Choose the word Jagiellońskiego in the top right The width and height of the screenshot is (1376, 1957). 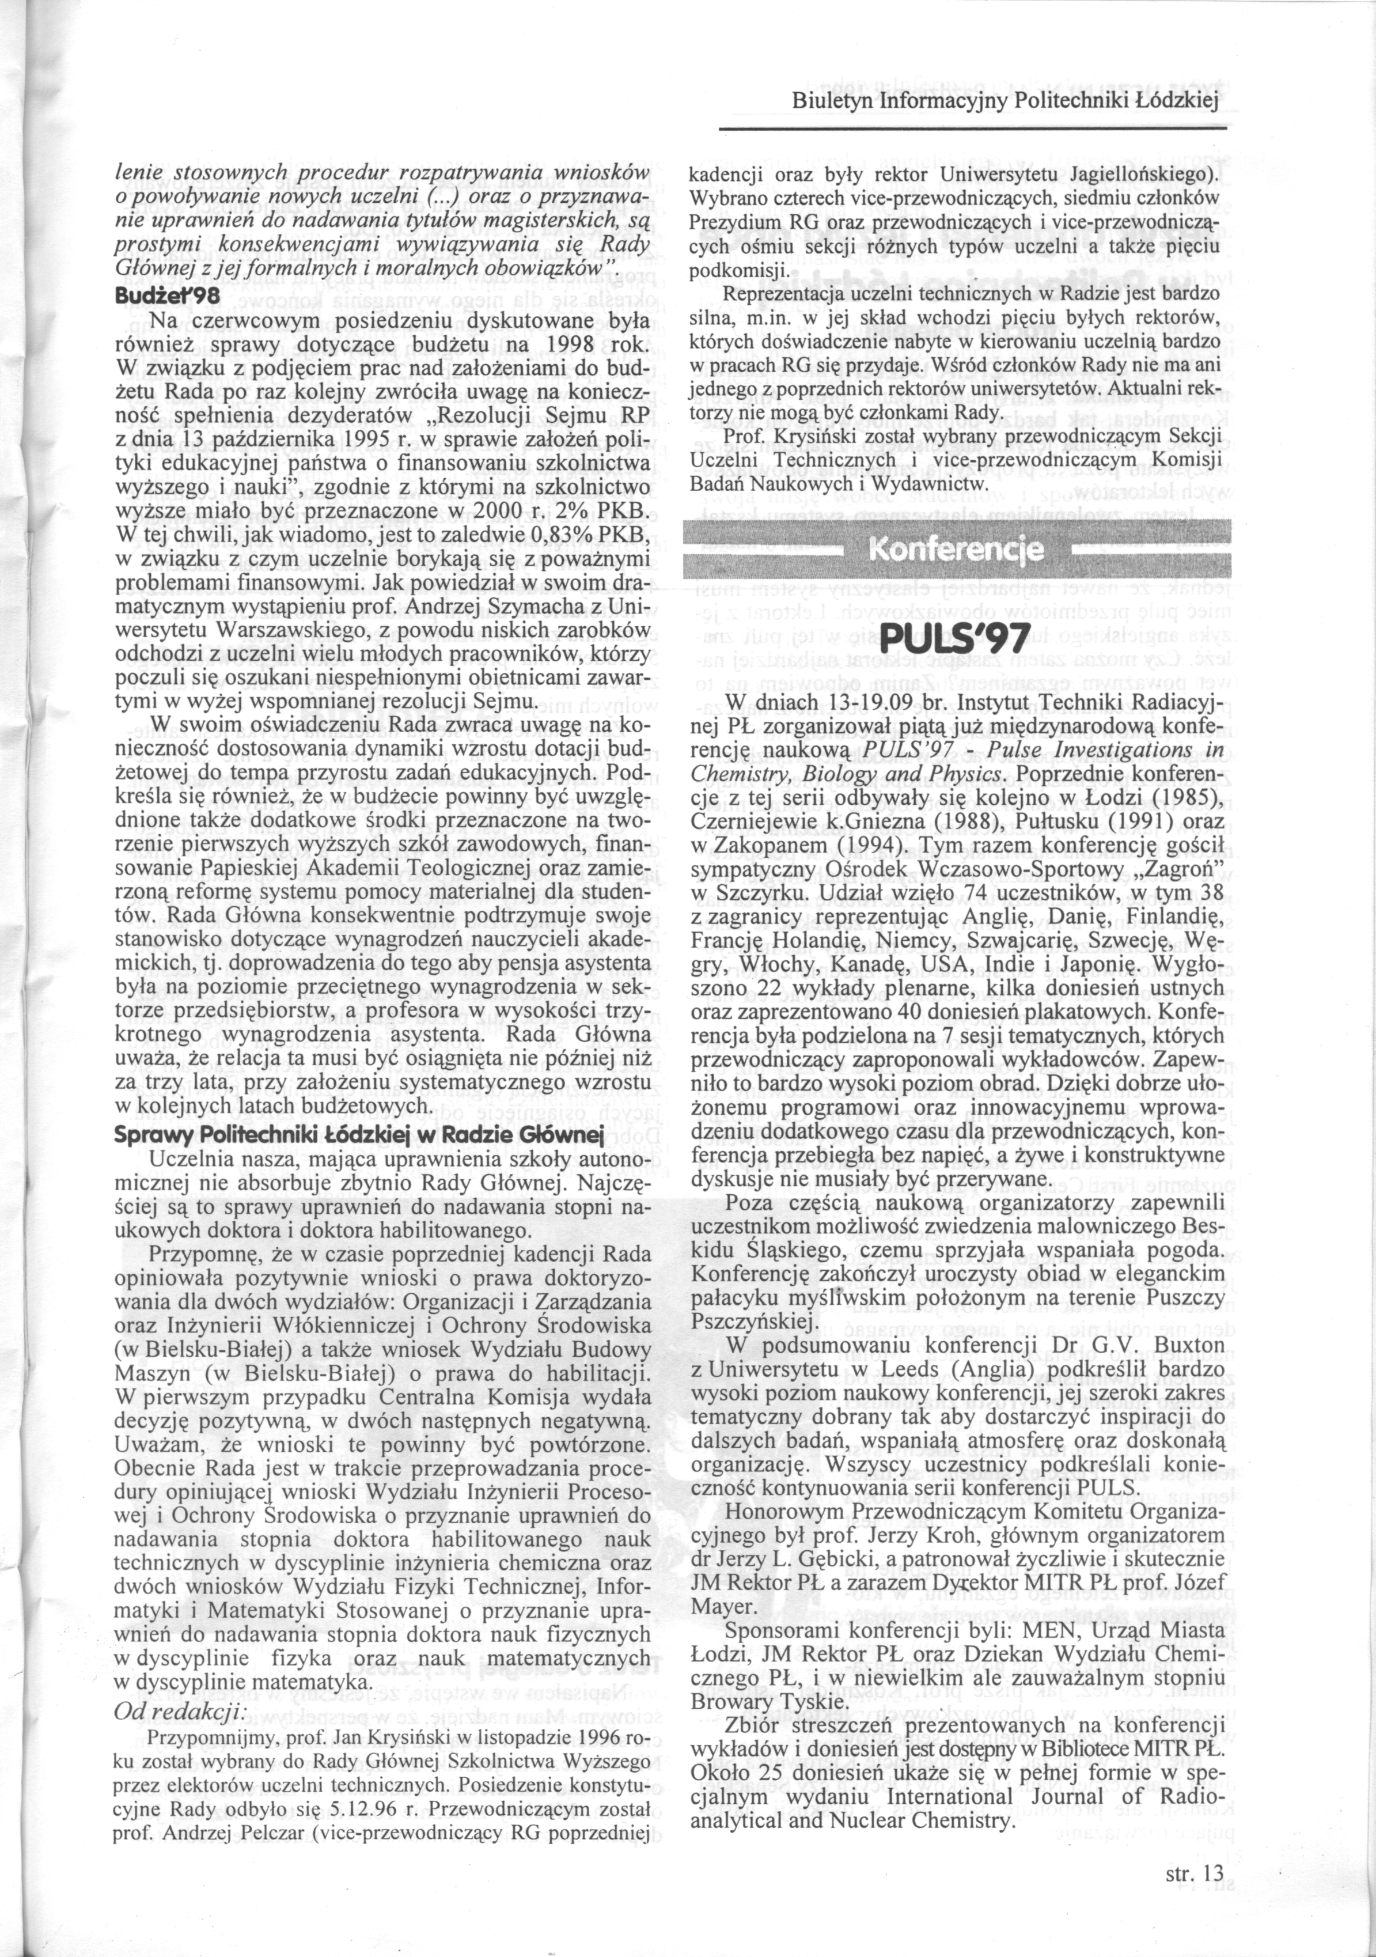coord(1142,176)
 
